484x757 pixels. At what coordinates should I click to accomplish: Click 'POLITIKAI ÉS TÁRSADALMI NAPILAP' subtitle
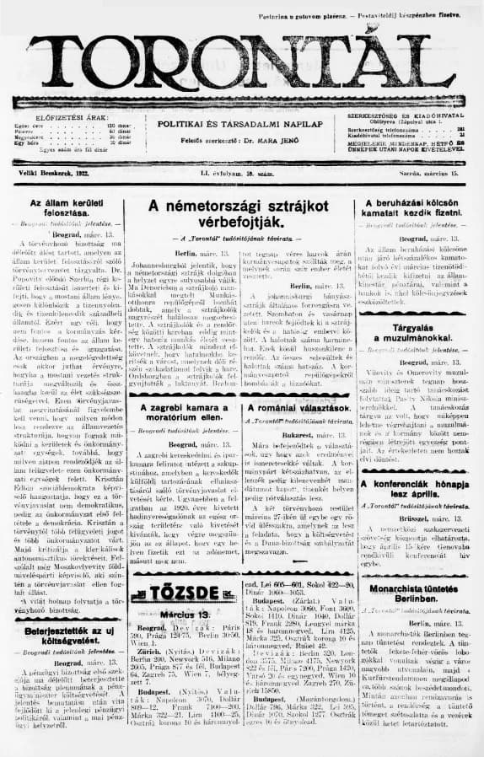242,124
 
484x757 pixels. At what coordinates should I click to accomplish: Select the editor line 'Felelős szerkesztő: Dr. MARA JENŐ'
242,138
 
